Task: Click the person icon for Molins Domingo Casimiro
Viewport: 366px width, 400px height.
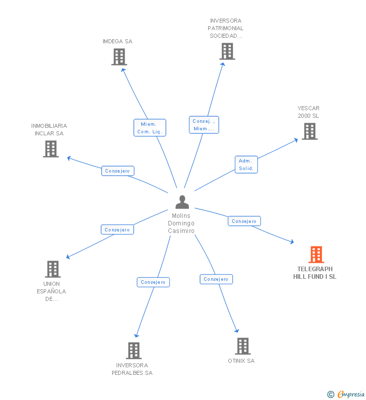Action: (x=182, y=202)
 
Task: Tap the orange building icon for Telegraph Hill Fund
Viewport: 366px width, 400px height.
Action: (x=316, y=255)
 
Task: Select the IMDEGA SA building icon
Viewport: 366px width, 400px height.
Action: (x=119, y=57)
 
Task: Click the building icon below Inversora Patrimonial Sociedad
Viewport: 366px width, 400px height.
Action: (x=227, y=51)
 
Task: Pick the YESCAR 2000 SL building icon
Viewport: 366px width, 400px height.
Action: (x=310, y=131)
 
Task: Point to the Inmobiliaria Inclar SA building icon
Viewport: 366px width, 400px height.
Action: (x=51, y=149)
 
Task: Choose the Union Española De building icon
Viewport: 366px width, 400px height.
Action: (x=53, y=269)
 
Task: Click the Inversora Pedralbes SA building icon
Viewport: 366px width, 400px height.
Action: (x=134, y=350)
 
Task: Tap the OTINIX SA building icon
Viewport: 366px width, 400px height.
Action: (x=243, y=346)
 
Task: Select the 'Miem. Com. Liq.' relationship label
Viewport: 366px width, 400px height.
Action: (x=150, y=128)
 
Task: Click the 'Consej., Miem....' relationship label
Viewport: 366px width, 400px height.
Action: (x=204, y=125)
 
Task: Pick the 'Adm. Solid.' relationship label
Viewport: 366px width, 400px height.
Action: (x=246, y=165)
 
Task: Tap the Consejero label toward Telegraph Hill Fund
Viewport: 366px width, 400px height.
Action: (x=244, y=221)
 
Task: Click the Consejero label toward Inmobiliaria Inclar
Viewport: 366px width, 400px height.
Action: (x=118, y=171)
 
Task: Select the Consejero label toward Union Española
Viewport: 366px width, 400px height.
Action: (x=117, y=229)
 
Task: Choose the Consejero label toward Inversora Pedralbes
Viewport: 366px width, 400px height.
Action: (x=153, y=282)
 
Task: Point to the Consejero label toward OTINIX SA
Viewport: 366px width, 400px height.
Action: (x=216, y=279)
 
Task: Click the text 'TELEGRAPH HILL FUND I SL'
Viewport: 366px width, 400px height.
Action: (x=315, y=273)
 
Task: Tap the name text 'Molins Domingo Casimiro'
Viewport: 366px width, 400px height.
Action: (x=181, y=223)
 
